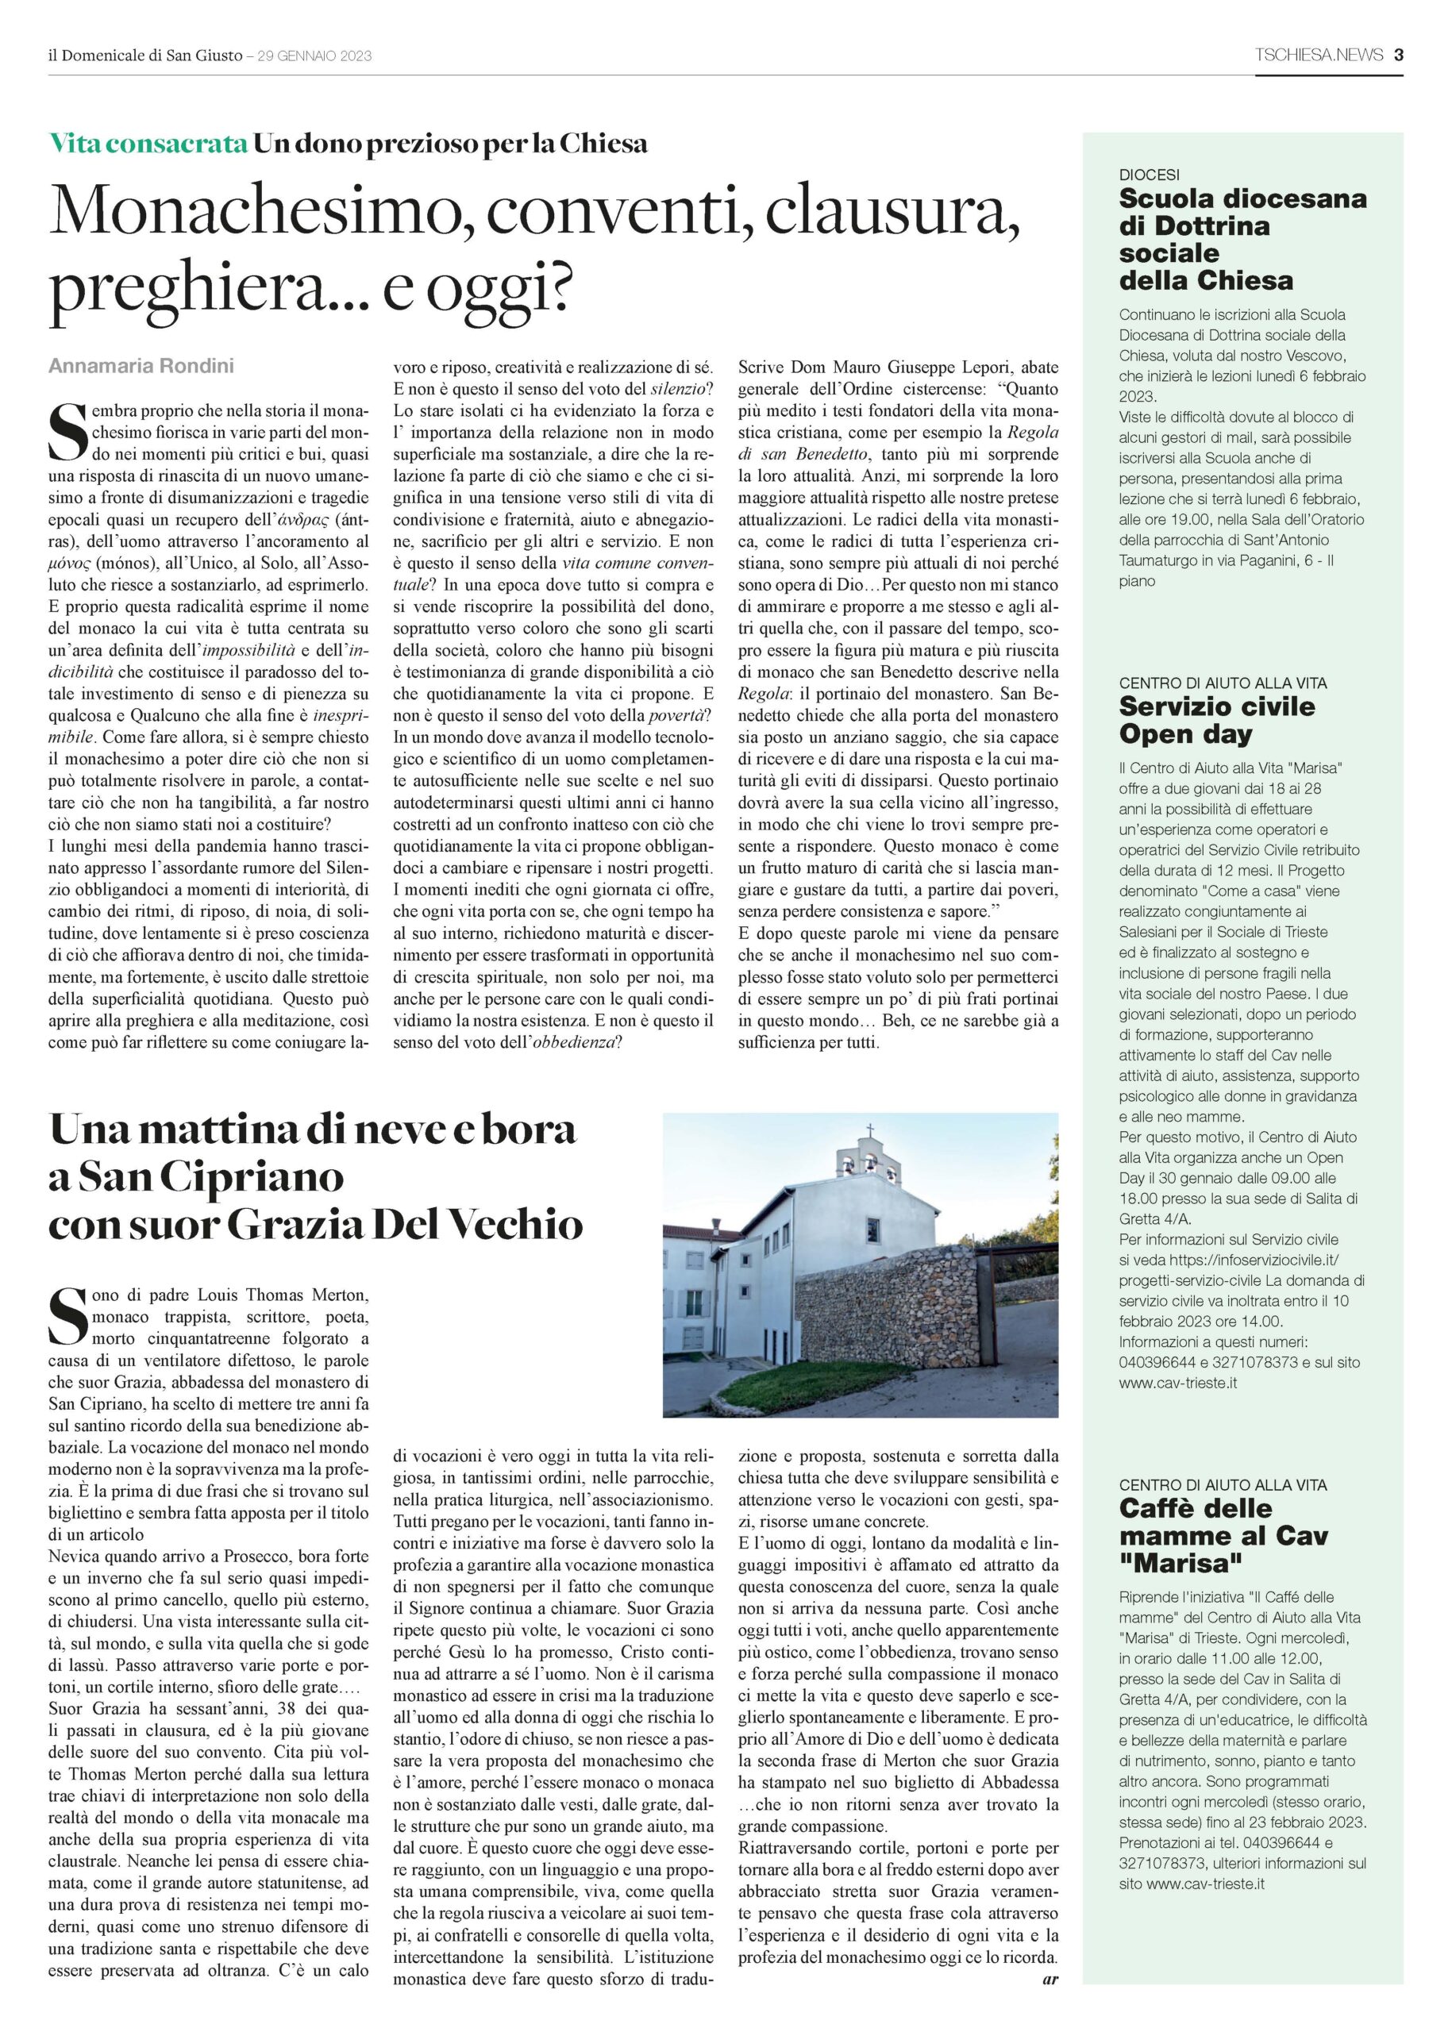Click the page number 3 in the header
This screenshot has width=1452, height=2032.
click(1397, 56)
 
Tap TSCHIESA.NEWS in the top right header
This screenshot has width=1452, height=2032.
click(1319, 56)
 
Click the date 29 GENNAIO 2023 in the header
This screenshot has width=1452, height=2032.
click(314, 56)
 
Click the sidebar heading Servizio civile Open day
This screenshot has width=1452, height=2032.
click(1204, 721)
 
